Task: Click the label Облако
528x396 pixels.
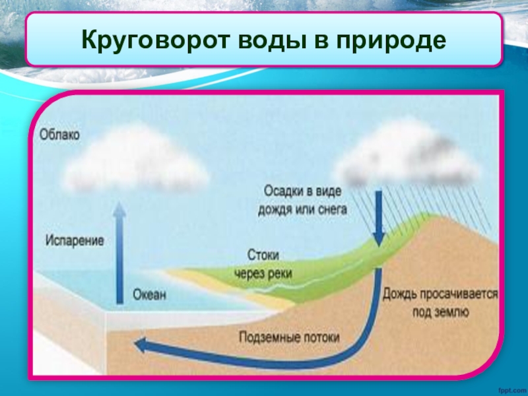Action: pyautogui.click(x=59, y=135)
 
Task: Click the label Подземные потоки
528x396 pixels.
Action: pyautogui.click(x=290, y=337)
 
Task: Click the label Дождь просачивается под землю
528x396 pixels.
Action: pyautogui.click(x=440, y=302)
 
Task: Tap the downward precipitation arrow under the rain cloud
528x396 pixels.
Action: pyautogui.click(x=379, y=218)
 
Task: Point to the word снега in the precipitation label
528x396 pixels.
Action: pyautogui.click(x=333, y=210)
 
